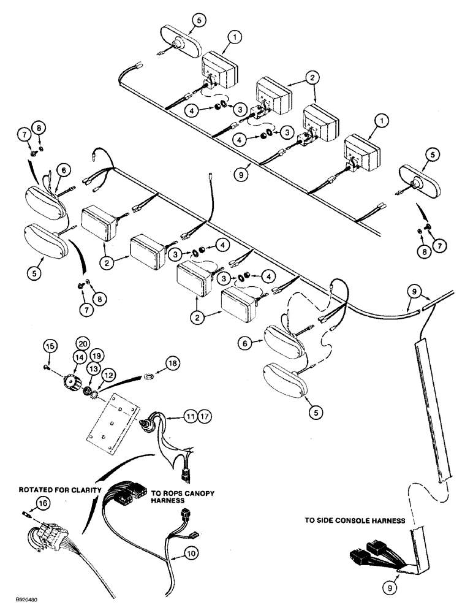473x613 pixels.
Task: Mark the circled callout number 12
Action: pos(108,373)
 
